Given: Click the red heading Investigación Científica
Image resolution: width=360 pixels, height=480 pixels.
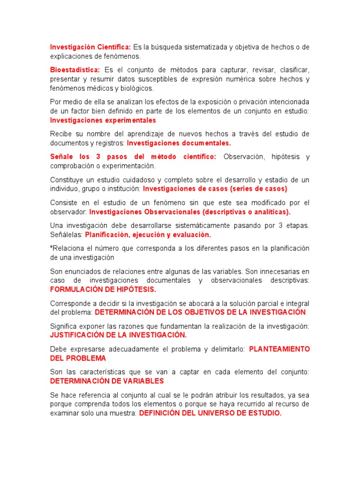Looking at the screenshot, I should pyautogui.click(x=90, y=47).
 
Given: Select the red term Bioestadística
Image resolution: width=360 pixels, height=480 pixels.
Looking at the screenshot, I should pyautogui.click(x=71, y=70).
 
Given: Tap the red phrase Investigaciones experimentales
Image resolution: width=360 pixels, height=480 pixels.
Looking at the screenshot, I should pyautogui.click(x=103, y=120).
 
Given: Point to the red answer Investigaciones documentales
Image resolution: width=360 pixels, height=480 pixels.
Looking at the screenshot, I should pyautogui.click(x=179, y=143).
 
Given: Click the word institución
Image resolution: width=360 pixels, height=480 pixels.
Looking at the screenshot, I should pyautogui.click(x=122, y=189).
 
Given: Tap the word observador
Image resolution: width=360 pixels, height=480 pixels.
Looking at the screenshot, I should pyautogui.click(x=68, y=212).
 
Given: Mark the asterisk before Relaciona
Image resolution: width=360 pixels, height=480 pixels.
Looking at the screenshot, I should pyautogui.click(x=52, y=247).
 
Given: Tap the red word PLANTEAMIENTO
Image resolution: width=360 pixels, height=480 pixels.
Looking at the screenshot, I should pyautogui.click(x=279, y=349).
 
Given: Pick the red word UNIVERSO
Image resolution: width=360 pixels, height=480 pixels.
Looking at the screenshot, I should pyautogui.click(x=210, y=413).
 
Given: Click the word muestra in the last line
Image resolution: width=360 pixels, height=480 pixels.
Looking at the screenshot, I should pyautogui.click(x=123, y=413).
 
